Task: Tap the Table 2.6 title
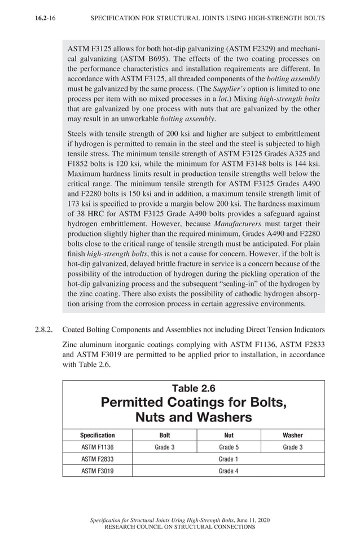(194, 388)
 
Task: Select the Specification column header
(97, 435)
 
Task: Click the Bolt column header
(164, 435)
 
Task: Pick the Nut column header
(229, 435)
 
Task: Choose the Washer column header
(292, 435)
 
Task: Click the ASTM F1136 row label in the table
(97, 447)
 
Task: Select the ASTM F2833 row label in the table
(97, 459)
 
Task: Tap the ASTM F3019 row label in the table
(97, 471)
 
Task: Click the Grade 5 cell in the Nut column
(229, 447)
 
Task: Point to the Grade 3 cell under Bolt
(164, 447)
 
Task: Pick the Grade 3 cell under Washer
(292, 447)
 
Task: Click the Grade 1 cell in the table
(229, 459)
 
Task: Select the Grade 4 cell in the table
(229, 471)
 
